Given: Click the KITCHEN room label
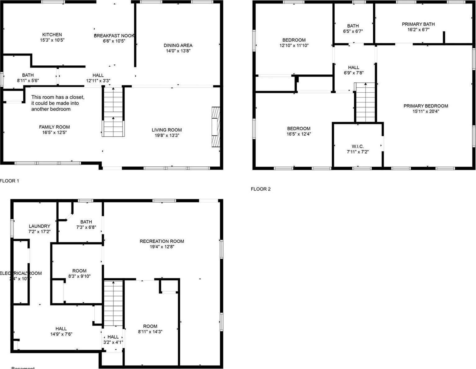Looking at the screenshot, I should (x=52, y=35).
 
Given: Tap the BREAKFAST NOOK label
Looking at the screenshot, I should (x=114, y=36).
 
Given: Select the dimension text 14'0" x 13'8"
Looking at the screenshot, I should (x=178, y=51).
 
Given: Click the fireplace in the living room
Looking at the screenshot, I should (x=216, y=127).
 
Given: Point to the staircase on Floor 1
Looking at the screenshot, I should (x=113, y=112).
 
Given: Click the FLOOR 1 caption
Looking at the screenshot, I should (x=9, y=181).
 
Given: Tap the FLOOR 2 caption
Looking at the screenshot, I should (x=261, y=189).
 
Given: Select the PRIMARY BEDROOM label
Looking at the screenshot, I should (x=425, y=106).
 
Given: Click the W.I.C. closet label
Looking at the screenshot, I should (x=357, y=146).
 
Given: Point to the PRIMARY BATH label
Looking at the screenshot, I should (x=418, y=24).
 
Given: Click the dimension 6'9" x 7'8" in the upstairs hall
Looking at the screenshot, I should (x=353, y=73).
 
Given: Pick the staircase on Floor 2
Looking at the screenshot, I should (x=365, y=103).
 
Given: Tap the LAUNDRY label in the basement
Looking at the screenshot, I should (x=39, y=226).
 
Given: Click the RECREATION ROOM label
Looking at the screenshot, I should (x=162, y=241).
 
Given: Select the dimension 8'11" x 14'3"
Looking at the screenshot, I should (x=150, y=332).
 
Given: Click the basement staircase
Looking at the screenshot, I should (x=113, y=303).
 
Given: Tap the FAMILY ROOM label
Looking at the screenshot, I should (x=54, y=127).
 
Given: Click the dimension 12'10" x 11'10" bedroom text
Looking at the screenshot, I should (x=294, y=45).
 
